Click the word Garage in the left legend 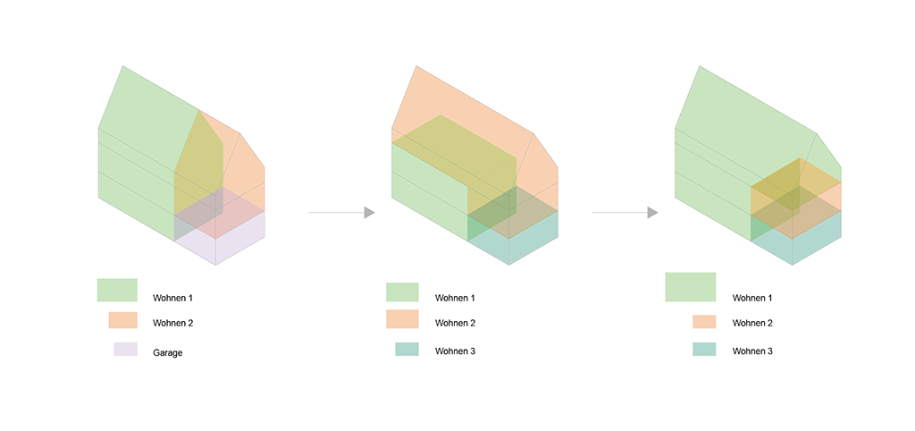[x=167, y=352]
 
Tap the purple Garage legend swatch [x=125, y=350]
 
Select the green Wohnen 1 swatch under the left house [x=117, y=291]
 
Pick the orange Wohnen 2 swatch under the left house [x=123, y=321]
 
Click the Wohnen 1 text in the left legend [x=172, y=298]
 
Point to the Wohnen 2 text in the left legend [x=172, y=323]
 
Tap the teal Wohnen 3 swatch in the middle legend [x=407, y=350]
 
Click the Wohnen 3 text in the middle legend [x=455, y=351]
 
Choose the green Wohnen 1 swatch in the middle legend [x=403, y=292]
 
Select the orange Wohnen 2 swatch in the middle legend [x=403, y=319]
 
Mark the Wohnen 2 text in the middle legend [x=455, y=323]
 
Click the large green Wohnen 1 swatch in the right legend [x=691, y=287]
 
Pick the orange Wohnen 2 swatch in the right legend [x=704, y=322]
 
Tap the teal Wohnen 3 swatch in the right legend [x=704, y=350]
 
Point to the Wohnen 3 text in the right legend [x=752, y=351]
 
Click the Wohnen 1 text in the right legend [x=752, y=298]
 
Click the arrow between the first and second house [x=341, y=213]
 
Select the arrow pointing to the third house [x=625, y=213]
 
